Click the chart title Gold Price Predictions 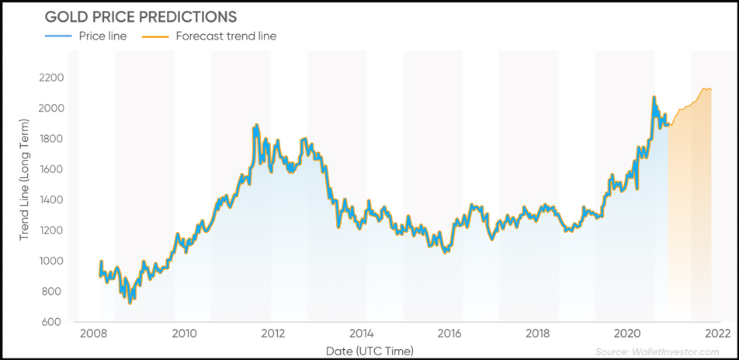(x=141, y=17)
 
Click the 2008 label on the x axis (x=94, y=334)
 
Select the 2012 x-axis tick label (x=272, y=334)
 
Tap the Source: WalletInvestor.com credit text (x=657, y=351)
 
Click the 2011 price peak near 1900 (x=255, y=126)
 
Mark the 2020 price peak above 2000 (x=654, y=98)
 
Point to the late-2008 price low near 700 (x=130, y=302)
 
